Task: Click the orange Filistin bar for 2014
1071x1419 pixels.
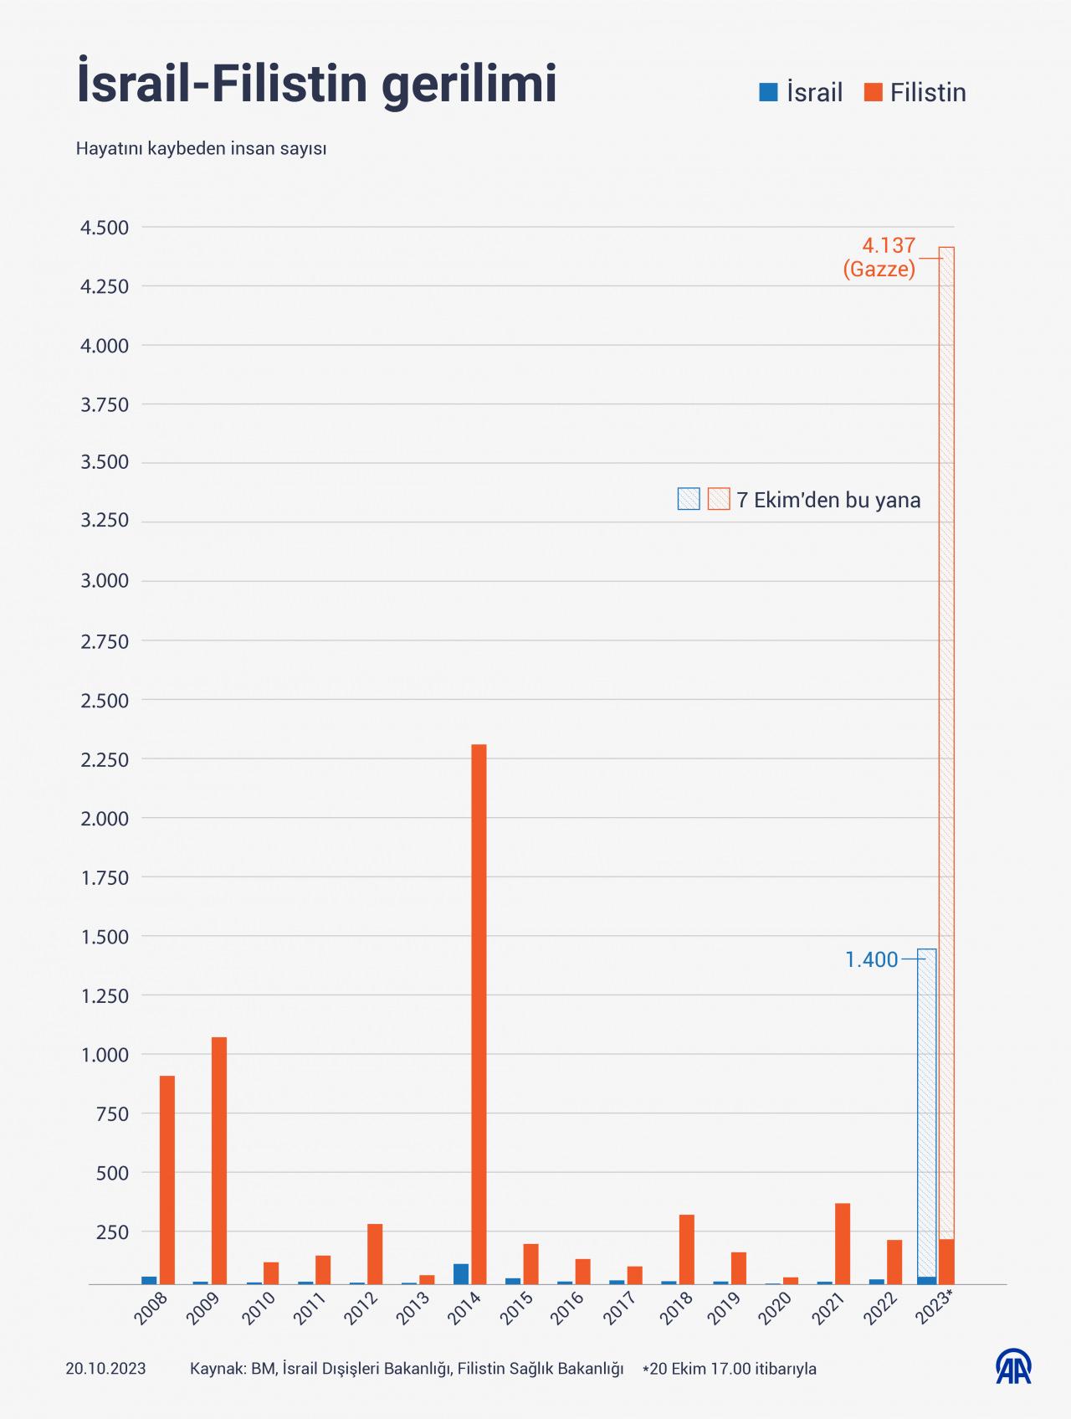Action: [x=479, y=1013]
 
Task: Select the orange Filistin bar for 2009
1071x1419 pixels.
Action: [x=219, y=1159]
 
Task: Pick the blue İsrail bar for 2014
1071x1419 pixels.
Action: [x=461, y=1273]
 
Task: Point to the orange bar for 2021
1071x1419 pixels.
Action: [x=843, y=1243]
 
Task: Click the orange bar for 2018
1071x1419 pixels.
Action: [x=687, y=1248]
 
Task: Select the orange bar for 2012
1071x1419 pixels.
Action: [x=375, y=1253]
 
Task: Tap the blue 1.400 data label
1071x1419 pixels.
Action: [x=871, y=959]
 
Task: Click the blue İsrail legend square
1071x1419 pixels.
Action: [x=768, y=92]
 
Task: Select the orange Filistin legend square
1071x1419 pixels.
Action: [x=874, y=92]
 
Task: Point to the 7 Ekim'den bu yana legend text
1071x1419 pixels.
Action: [x=828, y=500]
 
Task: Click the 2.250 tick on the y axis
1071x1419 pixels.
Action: [x=105, y=759]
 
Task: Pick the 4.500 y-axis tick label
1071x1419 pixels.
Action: [x=105, y=228]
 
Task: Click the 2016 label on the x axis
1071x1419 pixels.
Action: [x=568, y=1308]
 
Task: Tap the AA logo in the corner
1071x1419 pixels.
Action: [x=1013, y=1367]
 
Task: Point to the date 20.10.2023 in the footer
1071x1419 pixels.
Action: [x=105, y=1369]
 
